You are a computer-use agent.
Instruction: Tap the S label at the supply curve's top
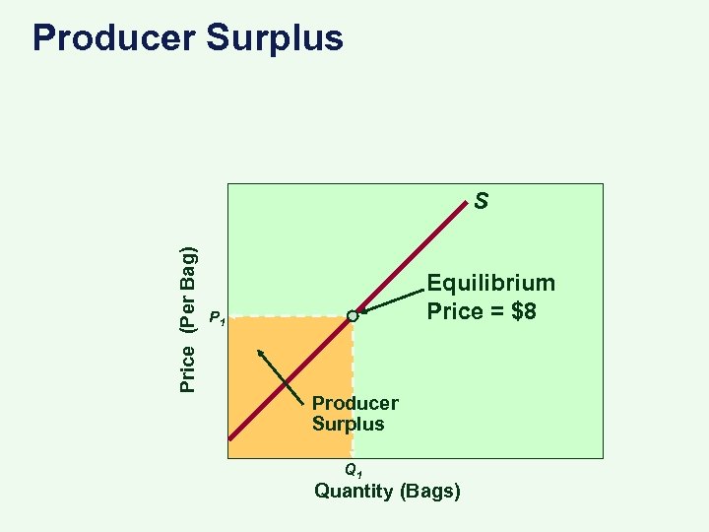481,202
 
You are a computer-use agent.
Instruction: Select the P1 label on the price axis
218,318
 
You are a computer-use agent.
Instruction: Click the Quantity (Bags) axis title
387,491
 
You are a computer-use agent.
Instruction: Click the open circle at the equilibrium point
353,316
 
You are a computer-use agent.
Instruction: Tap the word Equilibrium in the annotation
490,284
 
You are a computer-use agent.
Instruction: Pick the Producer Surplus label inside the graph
354,414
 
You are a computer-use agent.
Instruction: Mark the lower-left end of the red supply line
230,438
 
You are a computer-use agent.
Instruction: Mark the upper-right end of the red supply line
469,204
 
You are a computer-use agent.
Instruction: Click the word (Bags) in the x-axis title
428,491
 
